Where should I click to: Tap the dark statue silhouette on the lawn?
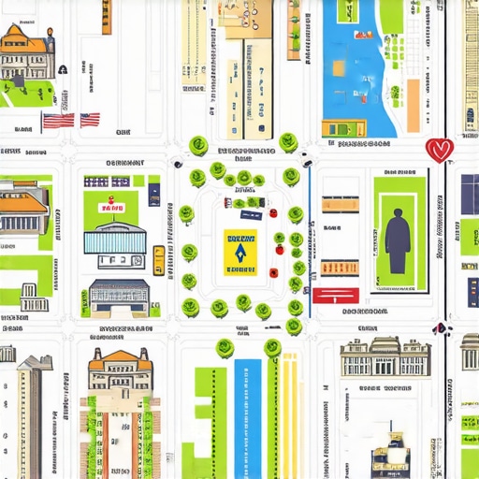[x=398, y=240]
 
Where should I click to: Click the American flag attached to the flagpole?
[x=58, y=120]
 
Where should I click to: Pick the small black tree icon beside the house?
[x=62, y=68]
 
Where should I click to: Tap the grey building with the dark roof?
[x=119, y=296]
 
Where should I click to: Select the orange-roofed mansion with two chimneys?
[x=120, y=370]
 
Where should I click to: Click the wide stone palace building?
[x=385, y=358]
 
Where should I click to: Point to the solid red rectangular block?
[x=335, y=296]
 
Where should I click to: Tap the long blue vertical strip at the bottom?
[x=248, y=416]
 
